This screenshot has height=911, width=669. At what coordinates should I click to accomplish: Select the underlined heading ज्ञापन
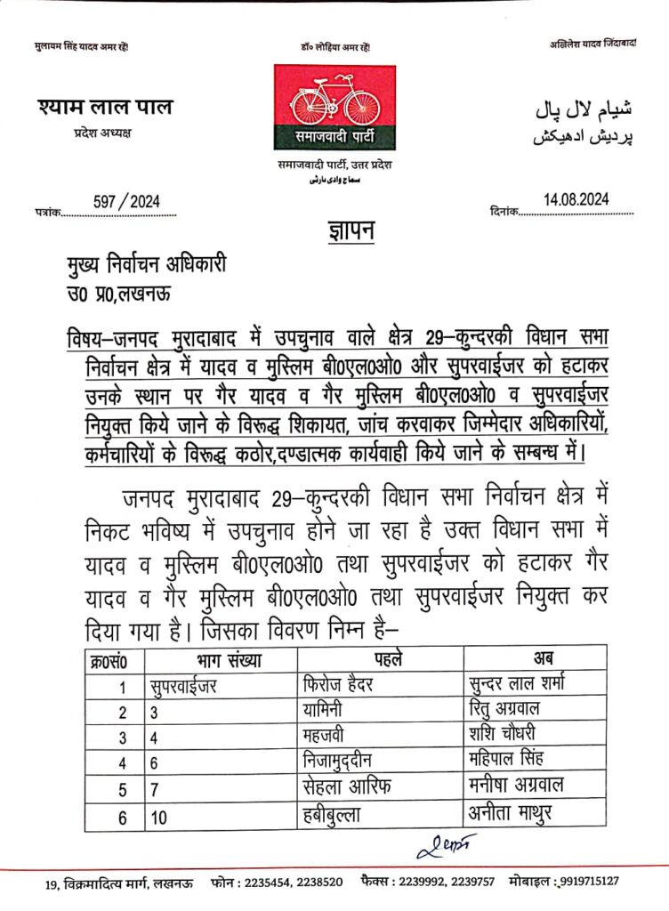coord(344,234)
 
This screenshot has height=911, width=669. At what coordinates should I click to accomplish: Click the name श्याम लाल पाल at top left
coord(106,109)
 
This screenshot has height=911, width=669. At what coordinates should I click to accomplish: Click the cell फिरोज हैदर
coord(341,685)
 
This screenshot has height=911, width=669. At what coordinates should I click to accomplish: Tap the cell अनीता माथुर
coord(510,811)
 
